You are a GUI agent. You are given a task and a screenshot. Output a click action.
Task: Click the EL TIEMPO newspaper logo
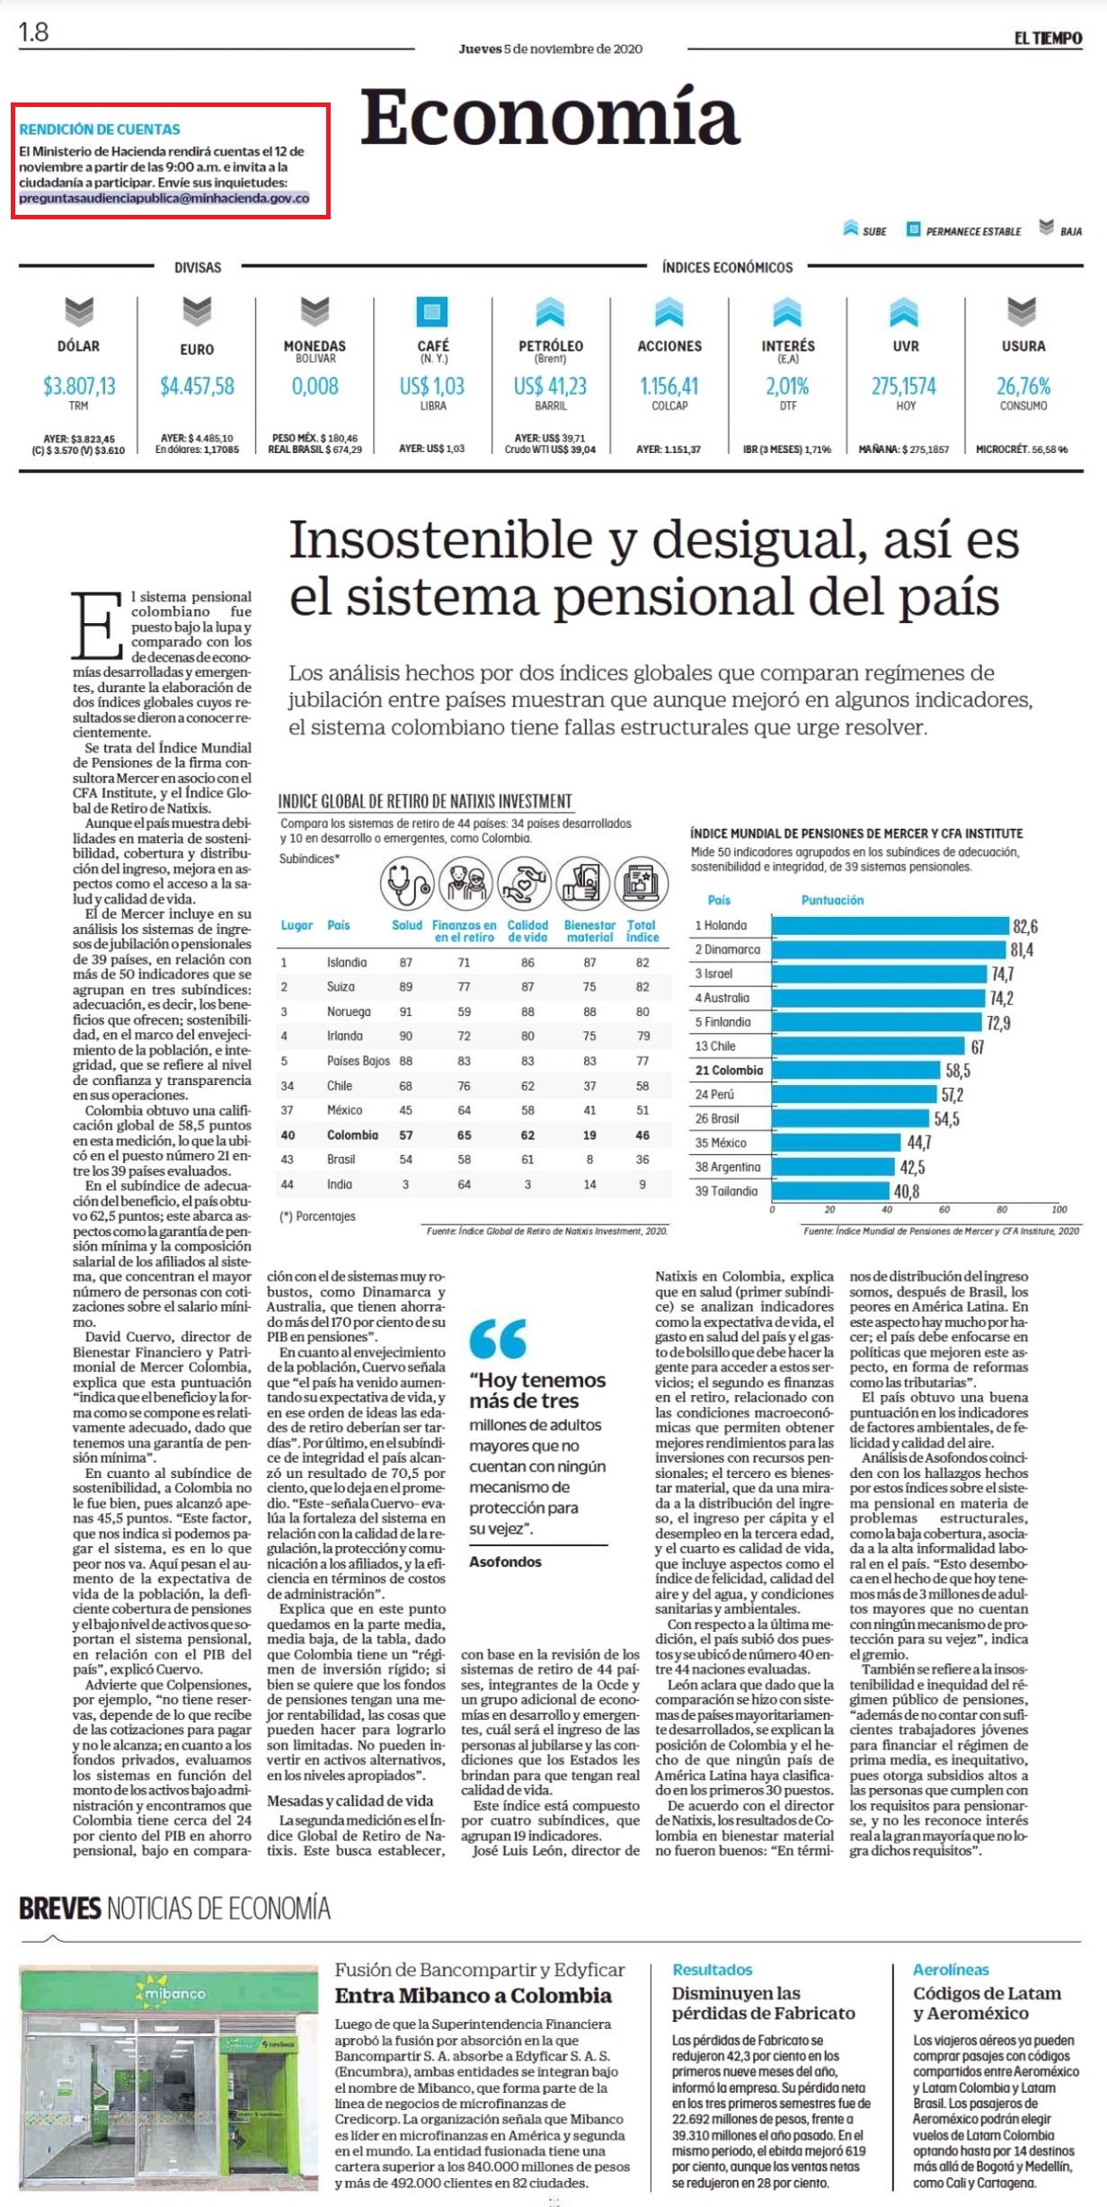pos(1049,39)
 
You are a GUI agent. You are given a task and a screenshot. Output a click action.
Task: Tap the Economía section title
pos(550,118)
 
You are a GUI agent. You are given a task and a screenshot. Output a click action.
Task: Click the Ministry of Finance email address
pos(164,199)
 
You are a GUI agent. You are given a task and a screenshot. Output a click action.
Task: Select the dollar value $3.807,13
pos(79,387)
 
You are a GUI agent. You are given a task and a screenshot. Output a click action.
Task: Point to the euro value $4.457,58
pos(197,387)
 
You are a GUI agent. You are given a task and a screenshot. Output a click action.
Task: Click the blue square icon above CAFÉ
pos(432,311)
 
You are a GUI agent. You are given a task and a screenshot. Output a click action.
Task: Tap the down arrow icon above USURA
pos(1023,311)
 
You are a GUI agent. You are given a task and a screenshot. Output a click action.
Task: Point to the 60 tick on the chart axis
pos(944,1210)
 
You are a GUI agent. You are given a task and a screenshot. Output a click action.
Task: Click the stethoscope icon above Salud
pos(407,884)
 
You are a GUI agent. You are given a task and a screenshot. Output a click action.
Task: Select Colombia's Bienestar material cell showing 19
pos(589,1135)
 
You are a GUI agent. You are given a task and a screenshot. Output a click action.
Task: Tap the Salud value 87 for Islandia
pos(406,963)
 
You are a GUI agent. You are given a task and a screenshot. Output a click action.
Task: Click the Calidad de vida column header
pos(527,930)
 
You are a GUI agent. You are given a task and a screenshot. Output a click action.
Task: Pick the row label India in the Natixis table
pos(340,1185)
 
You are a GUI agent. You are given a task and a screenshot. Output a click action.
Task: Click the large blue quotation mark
pos(498,1339)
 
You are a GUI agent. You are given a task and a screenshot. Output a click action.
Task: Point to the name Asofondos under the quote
pos(505,1562)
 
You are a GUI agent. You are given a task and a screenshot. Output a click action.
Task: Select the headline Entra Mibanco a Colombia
pos(474,1996)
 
